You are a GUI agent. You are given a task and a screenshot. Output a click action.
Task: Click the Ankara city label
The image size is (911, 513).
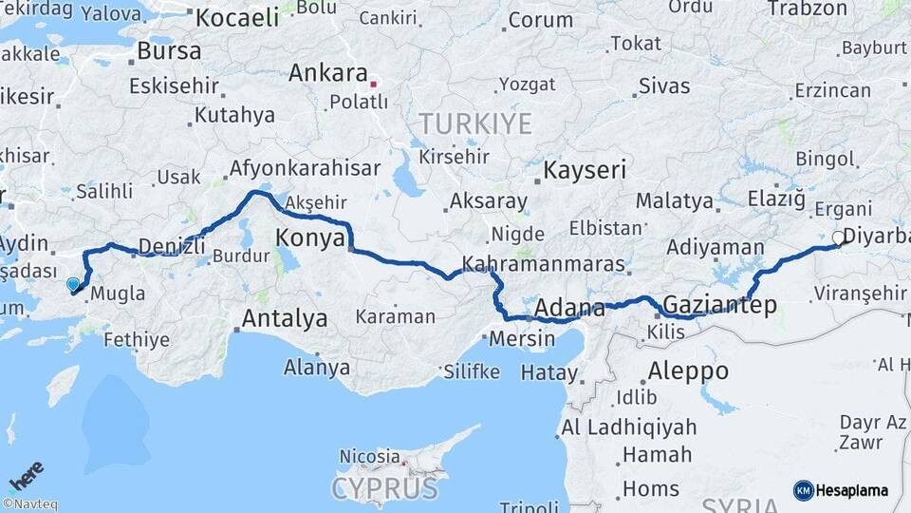click(327, 73)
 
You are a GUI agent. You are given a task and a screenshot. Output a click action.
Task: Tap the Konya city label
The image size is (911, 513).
click(309, 237)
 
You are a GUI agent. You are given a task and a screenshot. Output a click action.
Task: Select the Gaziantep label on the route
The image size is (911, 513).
click(720, 306)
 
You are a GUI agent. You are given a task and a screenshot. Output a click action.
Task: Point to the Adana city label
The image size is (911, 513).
click(569, 309)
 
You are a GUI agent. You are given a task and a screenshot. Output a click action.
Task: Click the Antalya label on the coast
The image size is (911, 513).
click(285, 319)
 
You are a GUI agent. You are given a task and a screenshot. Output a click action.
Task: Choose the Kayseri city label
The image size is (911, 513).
click(585, 171)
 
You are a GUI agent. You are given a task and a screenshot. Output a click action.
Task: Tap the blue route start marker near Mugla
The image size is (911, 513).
click(73, 283)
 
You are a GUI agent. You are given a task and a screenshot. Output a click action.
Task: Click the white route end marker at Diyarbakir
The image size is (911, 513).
click(838, 237)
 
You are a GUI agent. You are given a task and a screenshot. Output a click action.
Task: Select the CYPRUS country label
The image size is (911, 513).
click(384, 488)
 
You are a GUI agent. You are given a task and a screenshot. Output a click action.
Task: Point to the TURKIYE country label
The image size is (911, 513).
click(476, 123)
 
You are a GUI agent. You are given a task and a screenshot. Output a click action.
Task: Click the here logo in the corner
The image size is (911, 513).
click(27, 474)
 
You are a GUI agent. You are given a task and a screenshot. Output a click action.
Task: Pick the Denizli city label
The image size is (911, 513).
click(172, 247)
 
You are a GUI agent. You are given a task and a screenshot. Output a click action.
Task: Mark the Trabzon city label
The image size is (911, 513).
click(807, 9)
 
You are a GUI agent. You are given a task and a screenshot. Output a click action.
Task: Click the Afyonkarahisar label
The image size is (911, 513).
click(304, 169)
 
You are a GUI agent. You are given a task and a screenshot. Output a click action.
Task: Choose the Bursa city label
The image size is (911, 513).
click(169, 50)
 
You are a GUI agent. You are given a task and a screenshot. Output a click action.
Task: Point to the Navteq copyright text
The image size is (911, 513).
click(29, 504)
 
